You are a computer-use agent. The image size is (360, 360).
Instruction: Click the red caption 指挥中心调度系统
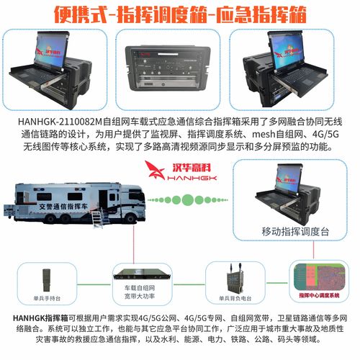click(315, 294)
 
